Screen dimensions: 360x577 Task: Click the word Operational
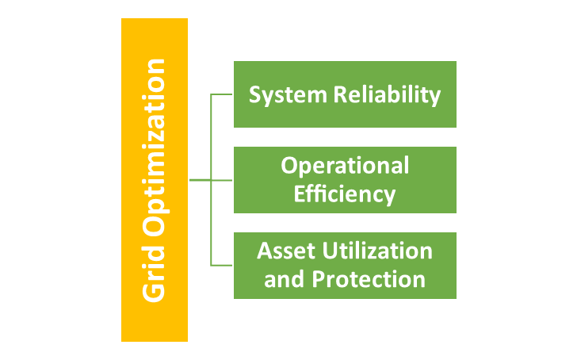tap(345, 166)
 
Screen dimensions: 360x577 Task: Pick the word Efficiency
tap(345, 193)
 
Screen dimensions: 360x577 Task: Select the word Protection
tap(369, 279)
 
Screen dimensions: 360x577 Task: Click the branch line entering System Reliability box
tap(222, 94)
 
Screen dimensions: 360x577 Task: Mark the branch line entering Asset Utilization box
tap(222, 265)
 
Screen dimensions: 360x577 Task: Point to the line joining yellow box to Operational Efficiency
tap(211, 180)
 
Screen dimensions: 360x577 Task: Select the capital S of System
tap(254, 95)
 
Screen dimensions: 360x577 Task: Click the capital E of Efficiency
tap(300, 193)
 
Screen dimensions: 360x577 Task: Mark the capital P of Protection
tap(318, 279)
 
